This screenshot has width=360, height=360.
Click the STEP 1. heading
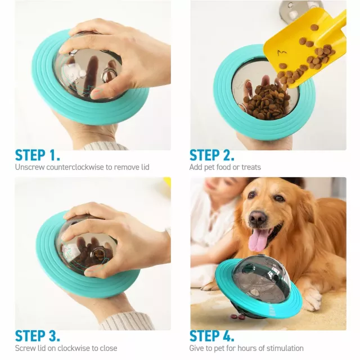(38, 155)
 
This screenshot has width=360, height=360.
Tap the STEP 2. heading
(212, 155)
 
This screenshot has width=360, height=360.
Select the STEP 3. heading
(38, 336)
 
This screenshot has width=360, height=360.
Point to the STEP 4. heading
(212, 336)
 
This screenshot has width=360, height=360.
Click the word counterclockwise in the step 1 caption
(75, 167)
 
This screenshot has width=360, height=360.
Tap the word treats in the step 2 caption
(250, 167)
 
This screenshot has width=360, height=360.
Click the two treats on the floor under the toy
(238, 317)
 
